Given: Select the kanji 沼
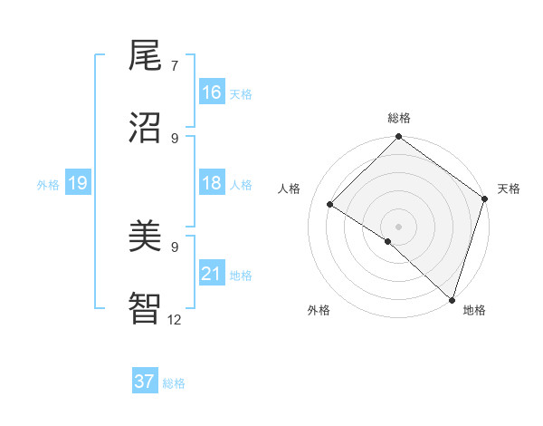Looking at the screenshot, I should tap(145, 126).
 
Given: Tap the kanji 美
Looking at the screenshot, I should tap(145, 237).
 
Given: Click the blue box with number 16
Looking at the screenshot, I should tap(212, 92).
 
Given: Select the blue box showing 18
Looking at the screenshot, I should tap(212, 184).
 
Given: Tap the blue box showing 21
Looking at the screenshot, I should tap(212, 274).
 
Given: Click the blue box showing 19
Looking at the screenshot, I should tap(77, 184).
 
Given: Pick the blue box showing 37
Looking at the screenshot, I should tap(145, 382).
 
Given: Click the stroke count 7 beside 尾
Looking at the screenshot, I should tap(175, 66).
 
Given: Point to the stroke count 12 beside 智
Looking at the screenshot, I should tap(175, 319).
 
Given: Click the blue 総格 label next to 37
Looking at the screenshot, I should tap(174, 383).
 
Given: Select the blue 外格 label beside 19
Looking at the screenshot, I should tap(48, 185).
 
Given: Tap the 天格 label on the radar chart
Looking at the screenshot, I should tap(509, 189).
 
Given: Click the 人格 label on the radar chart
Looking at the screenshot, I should tap(290, 189).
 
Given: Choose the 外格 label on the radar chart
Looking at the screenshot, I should tap(319, 310).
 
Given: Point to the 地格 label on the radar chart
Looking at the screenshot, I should tap(474, 310).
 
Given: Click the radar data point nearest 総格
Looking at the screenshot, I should tap(399, 139).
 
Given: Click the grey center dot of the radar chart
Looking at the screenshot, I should tap(399, 226).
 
